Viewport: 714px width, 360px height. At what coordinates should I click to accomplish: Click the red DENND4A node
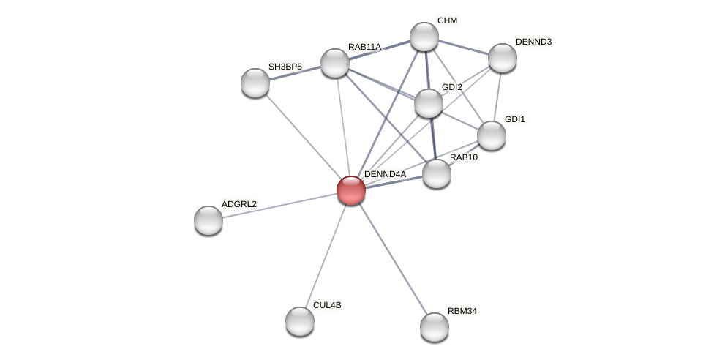[x=351, y=190]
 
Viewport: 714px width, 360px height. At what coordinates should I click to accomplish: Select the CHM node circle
[x=424, y=37]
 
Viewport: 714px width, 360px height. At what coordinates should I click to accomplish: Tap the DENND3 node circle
[x=503, y=58]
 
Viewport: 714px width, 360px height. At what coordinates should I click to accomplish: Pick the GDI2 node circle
[x=429, y=103]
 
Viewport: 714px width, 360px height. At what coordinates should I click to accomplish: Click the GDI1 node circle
[x=492, y=135]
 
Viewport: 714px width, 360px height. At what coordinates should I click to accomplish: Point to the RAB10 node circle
[x=437, y=173]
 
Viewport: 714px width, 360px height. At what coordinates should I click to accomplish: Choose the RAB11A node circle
[x=335, y=63]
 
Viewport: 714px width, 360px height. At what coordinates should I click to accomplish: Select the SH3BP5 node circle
[x=255, y=83]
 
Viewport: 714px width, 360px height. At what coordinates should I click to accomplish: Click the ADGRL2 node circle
[x=208, y=220]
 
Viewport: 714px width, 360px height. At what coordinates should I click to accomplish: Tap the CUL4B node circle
[x=300, y=321]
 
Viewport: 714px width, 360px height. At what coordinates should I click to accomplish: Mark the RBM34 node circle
[x=435, y=327]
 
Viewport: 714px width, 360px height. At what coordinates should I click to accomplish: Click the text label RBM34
[x=462, y=311]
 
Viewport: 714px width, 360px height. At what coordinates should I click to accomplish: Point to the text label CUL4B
[x=326, y=305]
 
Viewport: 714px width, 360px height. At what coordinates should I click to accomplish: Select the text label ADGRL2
[x=239, y=204]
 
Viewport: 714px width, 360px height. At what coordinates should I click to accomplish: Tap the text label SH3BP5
[x=285, y=67]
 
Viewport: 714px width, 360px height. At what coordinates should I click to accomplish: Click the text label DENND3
[x=533, y=42]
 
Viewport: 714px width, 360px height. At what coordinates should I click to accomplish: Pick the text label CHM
[x=447, y=20]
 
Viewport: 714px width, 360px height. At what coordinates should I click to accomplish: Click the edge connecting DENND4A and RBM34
[x=393, y=258]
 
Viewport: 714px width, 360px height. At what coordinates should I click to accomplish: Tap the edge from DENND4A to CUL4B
[x=326, y=255]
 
